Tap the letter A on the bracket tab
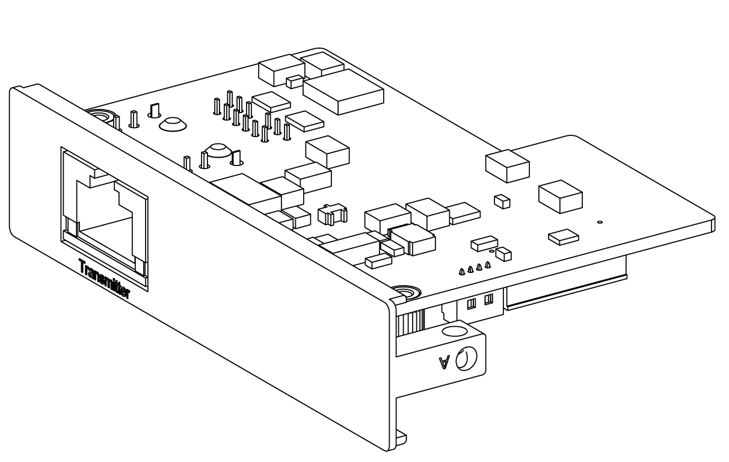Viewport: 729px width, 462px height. click(x=444, y=362)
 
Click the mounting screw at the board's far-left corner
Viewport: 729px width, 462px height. click(x=98, y=116)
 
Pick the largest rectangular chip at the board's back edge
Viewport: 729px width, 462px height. click(x=343, y=91)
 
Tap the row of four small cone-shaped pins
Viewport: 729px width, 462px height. click(x=475, y=268)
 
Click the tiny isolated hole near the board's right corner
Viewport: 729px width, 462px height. click(x=599, y=223)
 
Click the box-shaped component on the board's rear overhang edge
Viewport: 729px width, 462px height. click(x=507, y=165)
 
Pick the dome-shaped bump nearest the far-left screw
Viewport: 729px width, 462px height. click(x=173, y=125)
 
